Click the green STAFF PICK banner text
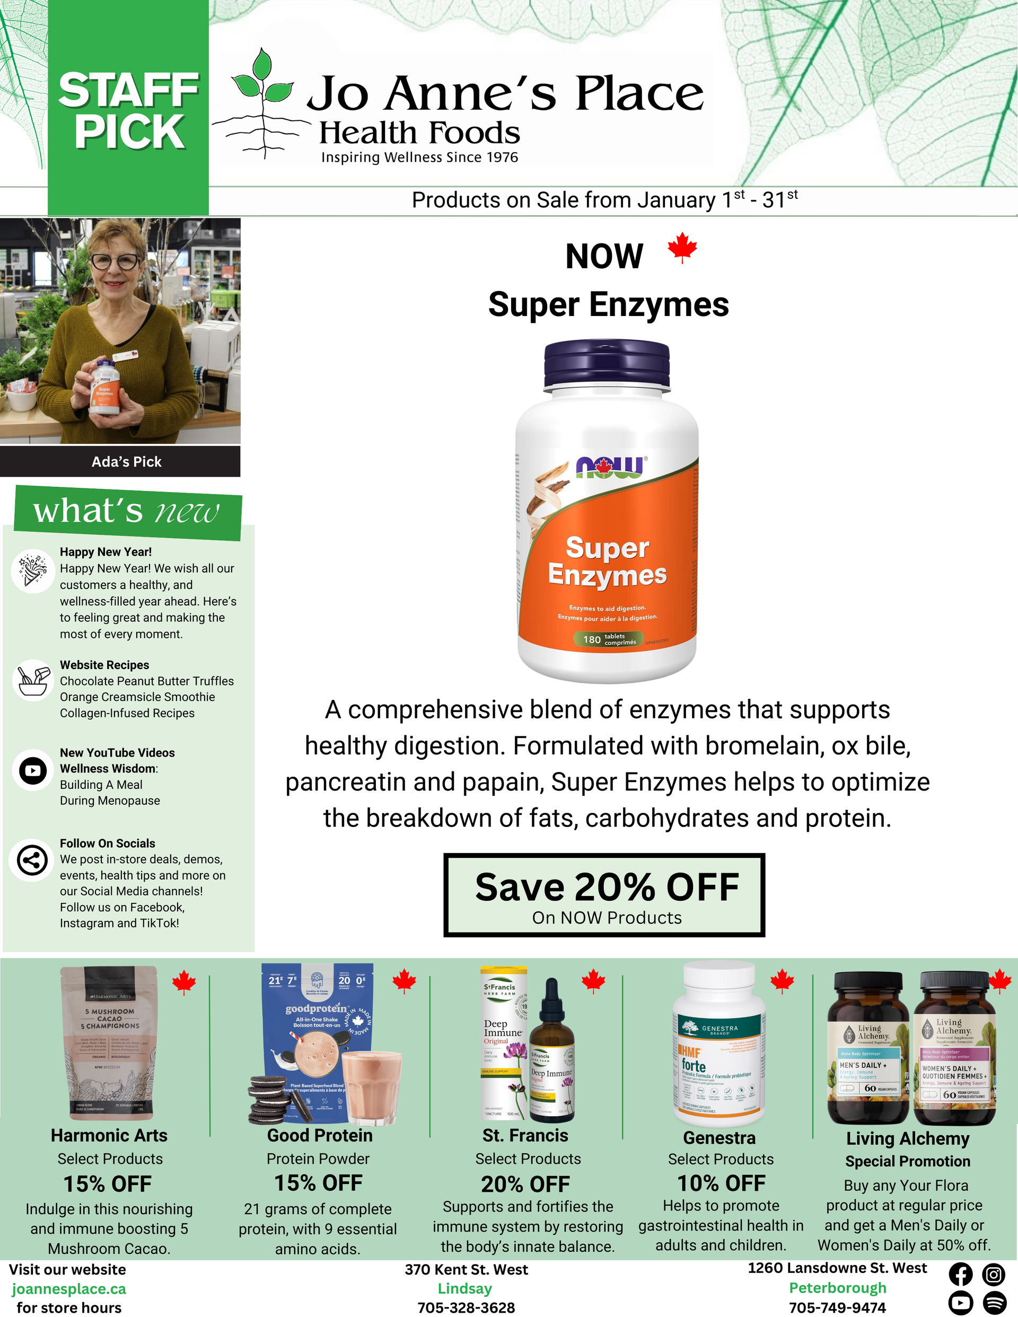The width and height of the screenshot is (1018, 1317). [x=128, y=110]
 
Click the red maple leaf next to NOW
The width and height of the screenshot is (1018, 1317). [x=682, y=248]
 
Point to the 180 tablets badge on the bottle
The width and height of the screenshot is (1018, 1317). [x=610, y=639]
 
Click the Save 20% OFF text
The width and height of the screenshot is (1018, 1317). [x=606, y=887]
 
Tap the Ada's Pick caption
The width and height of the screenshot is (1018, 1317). [x=126, y=462]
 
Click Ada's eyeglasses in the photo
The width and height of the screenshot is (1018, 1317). [x=114, y=262]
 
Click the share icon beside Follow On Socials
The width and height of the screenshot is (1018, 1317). [x=32, y=860]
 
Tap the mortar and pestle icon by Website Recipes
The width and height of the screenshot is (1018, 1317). [x=32, y=680]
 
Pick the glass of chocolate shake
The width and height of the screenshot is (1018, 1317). [x=372, y=1085]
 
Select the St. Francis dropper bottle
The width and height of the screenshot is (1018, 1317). [x=551, y=1052]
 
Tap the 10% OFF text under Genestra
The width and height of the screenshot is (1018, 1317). [x=721, y=1183]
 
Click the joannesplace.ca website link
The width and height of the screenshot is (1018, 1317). [x=69, y=1289]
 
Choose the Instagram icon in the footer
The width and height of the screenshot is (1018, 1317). [x=993, y=1274]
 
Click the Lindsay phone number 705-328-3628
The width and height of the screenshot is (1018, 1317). [x=466, y=1307]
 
